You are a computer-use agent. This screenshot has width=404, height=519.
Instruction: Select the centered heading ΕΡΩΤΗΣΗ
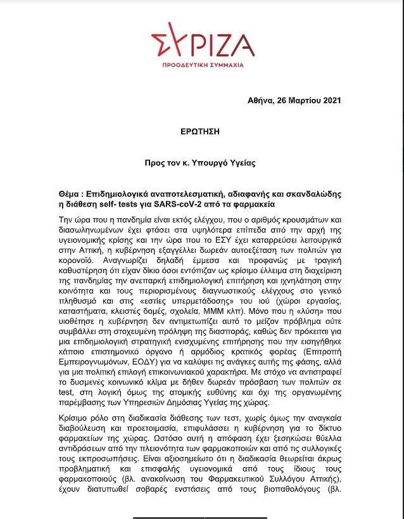coord(202,131)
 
